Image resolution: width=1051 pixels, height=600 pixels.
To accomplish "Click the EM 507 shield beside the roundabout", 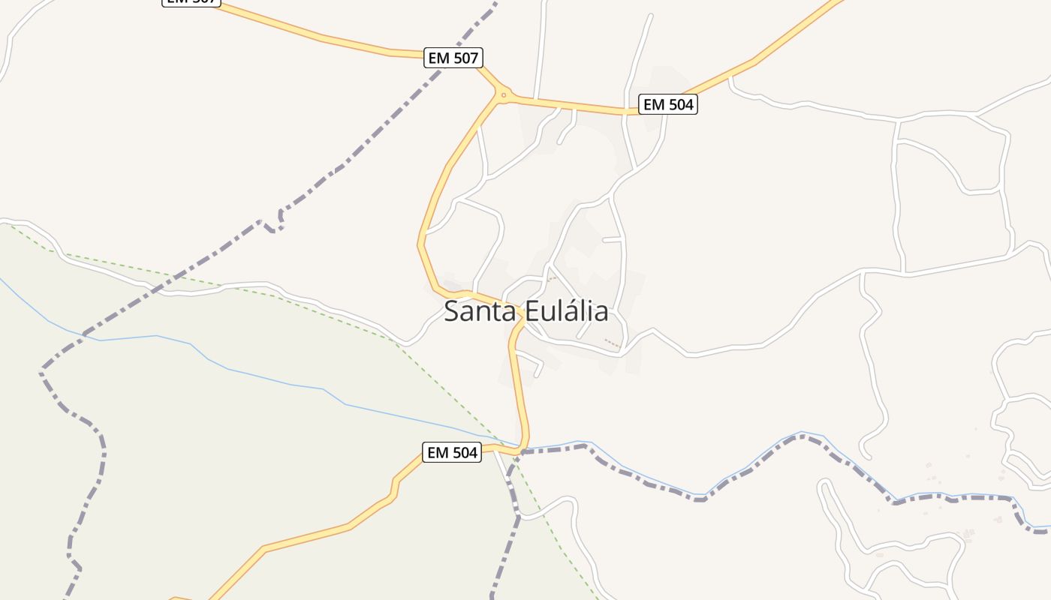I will pos(453,58).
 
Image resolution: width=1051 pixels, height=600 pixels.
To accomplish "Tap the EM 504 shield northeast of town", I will pos(668,104).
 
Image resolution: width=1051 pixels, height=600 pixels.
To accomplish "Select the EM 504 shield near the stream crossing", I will pos(451,452).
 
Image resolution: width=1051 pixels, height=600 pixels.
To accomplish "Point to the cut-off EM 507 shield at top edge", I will pos(191,1).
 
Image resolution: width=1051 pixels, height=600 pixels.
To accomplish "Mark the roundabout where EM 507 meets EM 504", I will pos(504,95).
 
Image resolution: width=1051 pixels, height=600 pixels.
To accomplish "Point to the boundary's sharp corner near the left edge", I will pos(42,371).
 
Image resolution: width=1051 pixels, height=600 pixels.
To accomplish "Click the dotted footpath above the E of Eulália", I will pos(553,279).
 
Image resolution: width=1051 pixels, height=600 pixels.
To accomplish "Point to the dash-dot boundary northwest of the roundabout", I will pos(375,135).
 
